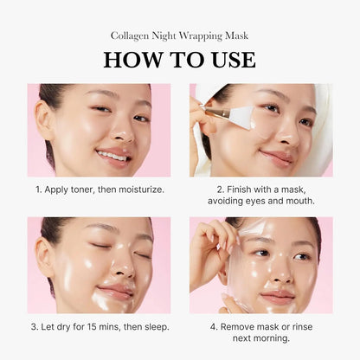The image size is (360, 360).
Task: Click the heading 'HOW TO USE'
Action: point(179,59)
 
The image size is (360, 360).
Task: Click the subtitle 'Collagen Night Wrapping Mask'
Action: point(179,35)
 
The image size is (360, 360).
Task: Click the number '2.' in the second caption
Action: point(221,188)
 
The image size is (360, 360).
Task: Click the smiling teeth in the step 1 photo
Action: point(112,156)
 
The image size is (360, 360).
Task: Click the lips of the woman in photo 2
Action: point(278,157)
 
